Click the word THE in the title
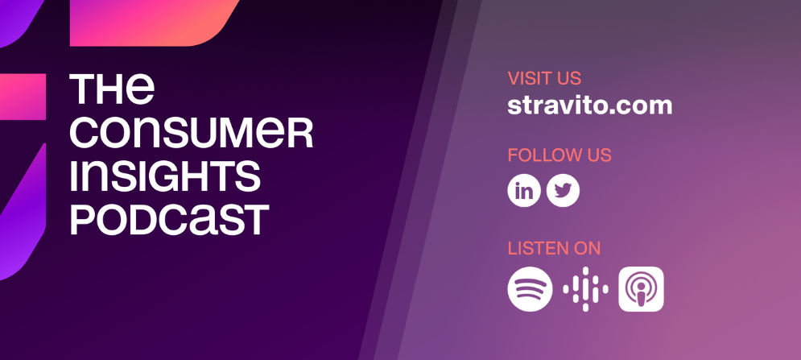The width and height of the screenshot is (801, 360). click(x=112, y=89)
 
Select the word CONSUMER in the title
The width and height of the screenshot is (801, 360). click(x=191, y=133)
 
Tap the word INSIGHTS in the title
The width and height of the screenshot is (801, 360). click(x=165, y=176)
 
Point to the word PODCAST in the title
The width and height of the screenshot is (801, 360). click(x=169, y=220)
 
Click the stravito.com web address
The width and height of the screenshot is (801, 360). click(x=589, y=106)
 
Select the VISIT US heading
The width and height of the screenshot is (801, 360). click(x=544, y=79)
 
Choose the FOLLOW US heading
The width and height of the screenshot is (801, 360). click(x=559, y=155)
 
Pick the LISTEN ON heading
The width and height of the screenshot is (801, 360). click(x=554, y=249)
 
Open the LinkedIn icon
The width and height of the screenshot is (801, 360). click(x=523, y=191)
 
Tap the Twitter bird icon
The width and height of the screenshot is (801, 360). click(x=563, y=191)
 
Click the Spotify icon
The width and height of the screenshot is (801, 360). click(x=530, y=289)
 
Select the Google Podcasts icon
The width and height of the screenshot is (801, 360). click(x=585, y=289)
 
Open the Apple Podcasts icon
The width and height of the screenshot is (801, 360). click(x=641, y=289)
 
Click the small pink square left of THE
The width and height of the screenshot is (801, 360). click(x=23, y=97)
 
